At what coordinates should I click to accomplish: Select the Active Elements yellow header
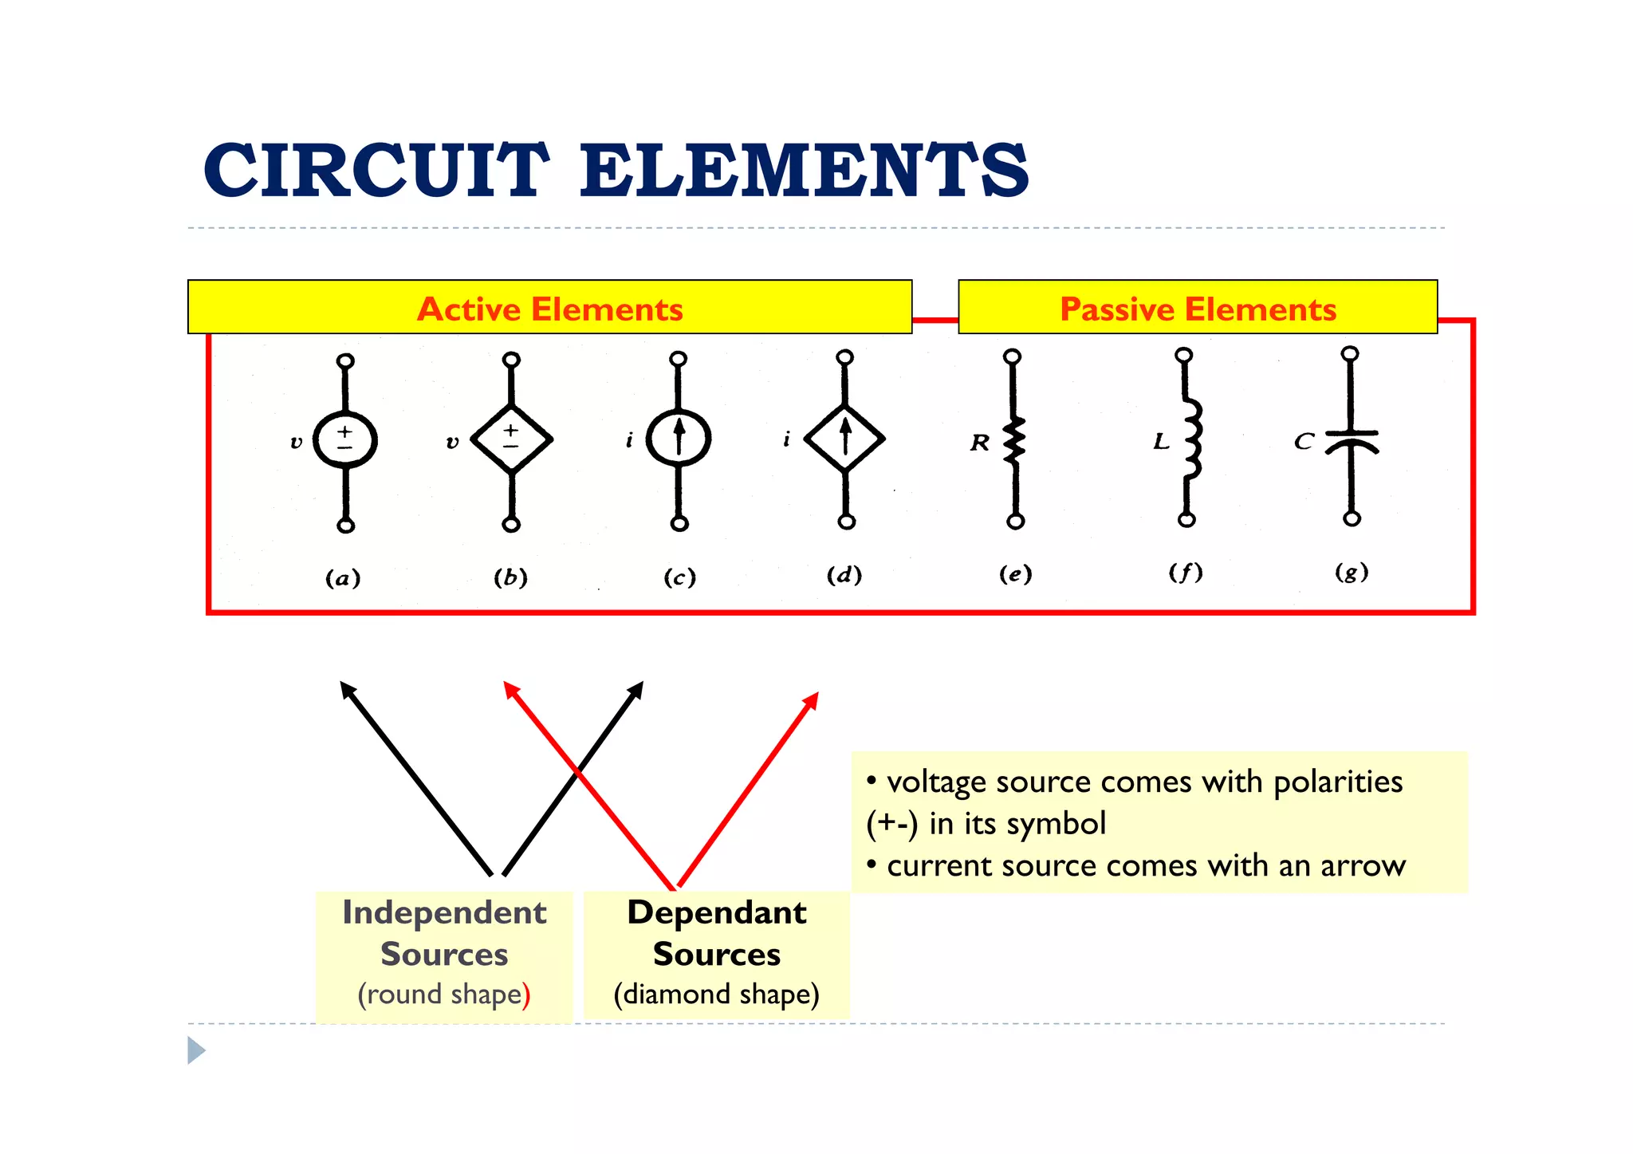(549, 308)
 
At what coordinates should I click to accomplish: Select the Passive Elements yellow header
(1197, 308)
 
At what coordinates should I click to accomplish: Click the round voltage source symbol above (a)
(344, 439)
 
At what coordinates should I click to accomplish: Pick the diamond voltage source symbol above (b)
(511, 439)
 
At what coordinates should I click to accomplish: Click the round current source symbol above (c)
(679, 438)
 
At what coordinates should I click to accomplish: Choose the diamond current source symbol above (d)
(845, 438)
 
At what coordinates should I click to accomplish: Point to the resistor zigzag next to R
(1014, 440)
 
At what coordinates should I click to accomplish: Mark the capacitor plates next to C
(1352, 441)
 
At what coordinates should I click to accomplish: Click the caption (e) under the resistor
(1015, 574)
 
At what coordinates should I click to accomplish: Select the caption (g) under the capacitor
(1352, 572)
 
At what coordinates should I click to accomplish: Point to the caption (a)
(343, 577)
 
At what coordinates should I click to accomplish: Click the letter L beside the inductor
(1161, 441)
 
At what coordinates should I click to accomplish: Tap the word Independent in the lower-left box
(444, 912)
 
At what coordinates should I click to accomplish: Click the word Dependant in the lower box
(717, 912)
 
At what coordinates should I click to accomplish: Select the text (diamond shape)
(716, 994)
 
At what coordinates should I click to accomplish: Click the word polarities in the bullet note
(1337, 782)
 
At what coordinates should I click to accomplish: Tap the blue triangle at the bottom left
(195, 1050)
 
